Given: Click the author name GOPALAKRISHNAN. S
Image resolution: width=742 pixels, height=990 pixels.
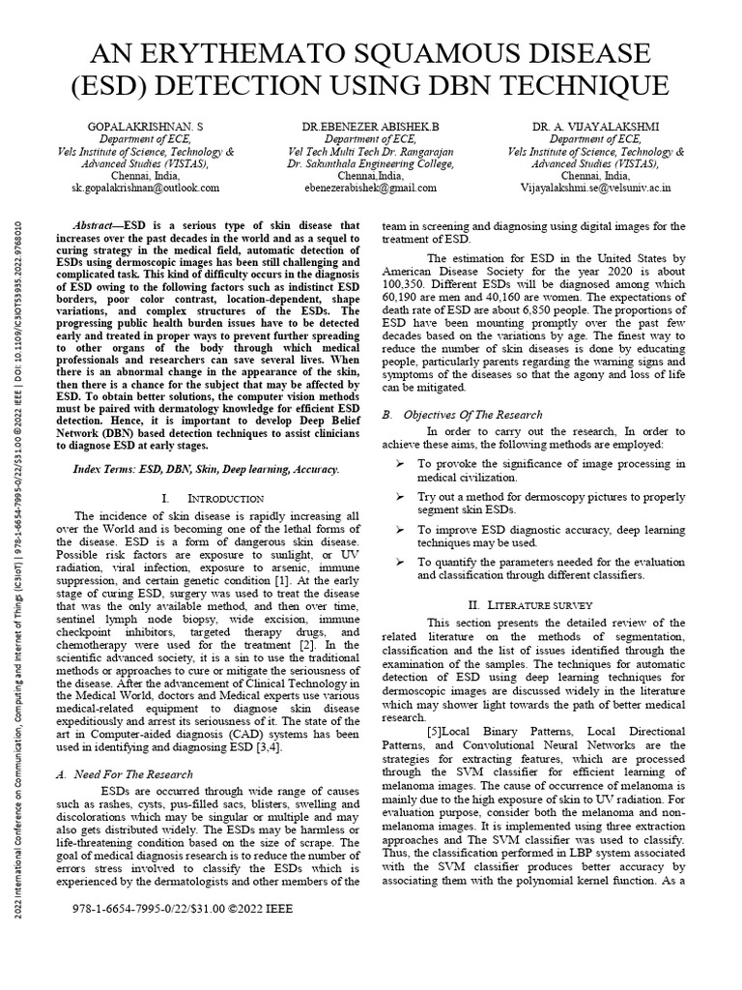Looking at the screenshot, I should [x=145, y=127].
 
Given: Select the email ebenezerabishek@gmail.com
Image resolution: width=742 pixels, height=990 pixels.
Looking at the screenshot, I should [x=370, y=189].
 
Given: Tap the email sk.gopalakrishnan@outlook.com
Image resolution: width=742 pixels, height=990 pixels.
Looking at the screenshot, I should [x=145, y=189].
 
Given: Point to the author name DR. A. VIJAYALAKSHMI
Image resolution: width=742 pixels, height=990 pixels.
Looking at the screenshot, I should [x=595, y=127].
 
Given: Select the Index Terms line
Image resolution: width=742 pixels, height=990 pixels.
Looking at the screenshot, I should [x=207, y=468].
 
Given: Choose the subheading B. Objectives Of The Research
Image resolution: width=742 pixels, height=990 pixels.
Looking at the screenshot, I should [x=462, y=414].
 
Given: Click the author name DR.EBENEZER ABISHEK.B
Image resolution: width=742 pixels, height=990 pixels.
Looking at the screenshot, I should [x=370, y=127].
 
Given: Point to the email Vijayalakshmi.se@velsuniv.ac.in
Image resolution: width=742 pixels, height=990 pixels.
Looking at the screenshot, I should [x=595, y=189].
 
